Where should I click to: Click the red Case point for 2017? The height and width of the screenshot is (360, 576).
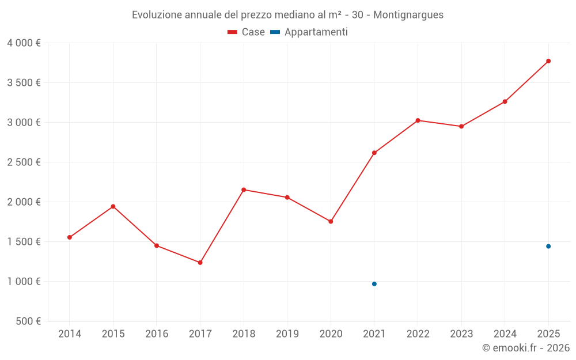[x=200, y=263]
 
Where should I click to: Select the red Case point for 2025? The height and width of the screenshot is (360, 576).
[x=548, y=61]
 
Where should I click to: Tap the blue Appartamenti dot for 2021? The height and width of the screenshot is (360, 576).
[x=374, y=284]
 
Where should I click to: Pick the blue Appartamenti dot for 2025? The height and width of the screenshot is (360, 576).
[x=548, y=247]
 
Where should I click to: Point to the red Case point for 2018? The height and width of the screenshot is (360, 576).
[x=244, y=190]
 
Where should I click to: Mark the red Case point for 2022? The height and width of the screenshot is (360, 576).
[x=418, y=120]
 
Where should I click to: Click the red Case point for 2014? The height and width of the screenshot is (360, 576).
[x=70, y=237]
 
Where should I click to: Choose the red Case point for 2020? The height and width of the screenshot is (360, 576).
[x=331, y=222]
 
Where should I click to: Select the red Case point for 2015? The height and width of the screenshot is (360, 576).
[x=113, y=206]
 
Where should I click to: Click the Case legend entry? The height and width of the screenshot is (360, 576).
[x=246, y=32]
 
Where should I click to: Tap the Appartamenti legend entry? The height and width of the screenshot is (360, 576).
[x=309, y=32]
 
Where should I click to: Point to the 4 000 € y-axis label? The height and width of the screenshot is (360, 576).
[x=24, y=43]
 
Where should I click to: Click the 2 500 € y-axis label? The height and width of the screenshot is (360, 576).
[x=24, y=162]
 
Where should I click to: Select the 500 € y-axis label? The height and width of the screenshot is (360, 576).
[x=28, y=321]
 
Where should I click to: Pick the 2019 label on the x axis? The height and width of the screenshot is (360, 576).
[x=287, y=334]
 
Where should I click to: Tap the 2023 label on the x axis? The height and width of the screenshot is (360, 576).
[x=461, y=334]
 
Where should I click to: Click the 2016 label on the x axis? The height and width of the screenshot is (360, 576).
[x=157, y=334]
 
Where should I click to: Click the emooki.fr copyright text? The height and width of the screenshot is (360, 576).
[x=526, y=347]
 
